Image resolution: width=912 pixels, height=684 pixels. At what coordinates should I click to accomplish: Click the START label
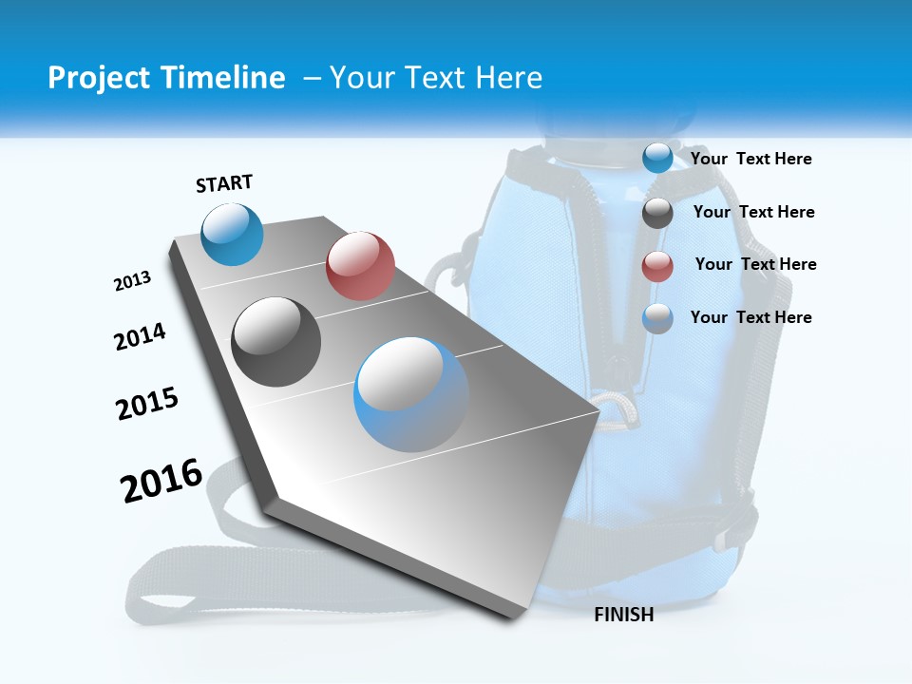pyautogui.click(x=224, y=183)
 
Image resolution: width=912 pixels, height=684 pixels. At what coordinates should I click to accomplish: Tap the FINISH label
pyautogui.click(x=623, y=615)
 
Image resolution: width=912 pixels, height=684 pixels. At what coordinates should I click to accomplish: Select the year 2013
pyautogui.click(x=132, y=281)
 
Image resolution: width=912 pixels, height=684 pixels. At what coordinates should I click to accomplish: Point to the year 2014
pyautogui.click(x=140, y=337)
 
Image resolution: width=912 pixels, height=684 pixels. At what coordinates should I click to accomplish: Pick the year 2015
pyautogui.click(x=147, y=404)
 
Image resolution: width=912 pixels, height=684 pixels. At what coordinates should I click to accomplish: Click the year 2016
pyautogui.click(x=161, y=481)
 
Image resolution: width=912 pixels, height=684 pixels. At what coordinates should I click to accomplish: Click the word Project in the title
pyautogui.click(x=97, y=78)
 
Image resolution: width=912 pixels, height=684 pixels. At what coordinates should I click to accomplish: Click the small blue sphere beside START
pyautogui.click(x=233, y=234)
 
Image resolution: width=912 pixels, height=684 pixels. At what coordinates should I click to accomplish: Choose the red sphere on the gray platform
pyautogui.click(x=360, y=265)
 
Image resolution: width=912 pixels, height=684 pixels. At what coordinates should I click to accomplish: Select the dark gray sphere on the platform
pyautogui.click(x=276, y=342)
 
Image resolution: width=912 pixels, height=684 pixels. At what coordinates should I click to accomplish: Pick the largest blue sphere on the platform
pyautogui.click(x=411, y=394)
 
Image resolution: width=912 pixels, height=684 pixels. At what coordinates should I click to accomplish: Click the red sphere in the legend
pyautogui.click(x=657, y=266)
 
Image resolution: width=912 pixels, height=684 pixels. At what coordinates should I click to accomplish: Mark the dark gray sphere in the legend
pyautogui.click(x=657, y=213)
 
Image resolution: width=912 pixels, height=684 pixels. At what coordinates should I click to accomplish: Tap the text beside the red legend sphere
pyautogui.click(x=755, y=264)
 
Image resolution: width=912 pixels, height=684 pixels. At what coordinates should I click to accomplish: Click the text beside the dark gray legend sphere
pyautogui.click(x=753, y=212)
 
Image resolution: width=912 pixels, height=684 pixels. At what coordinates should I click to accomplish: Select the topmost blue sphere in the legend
pyautogui.click(x=657, y=158)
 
